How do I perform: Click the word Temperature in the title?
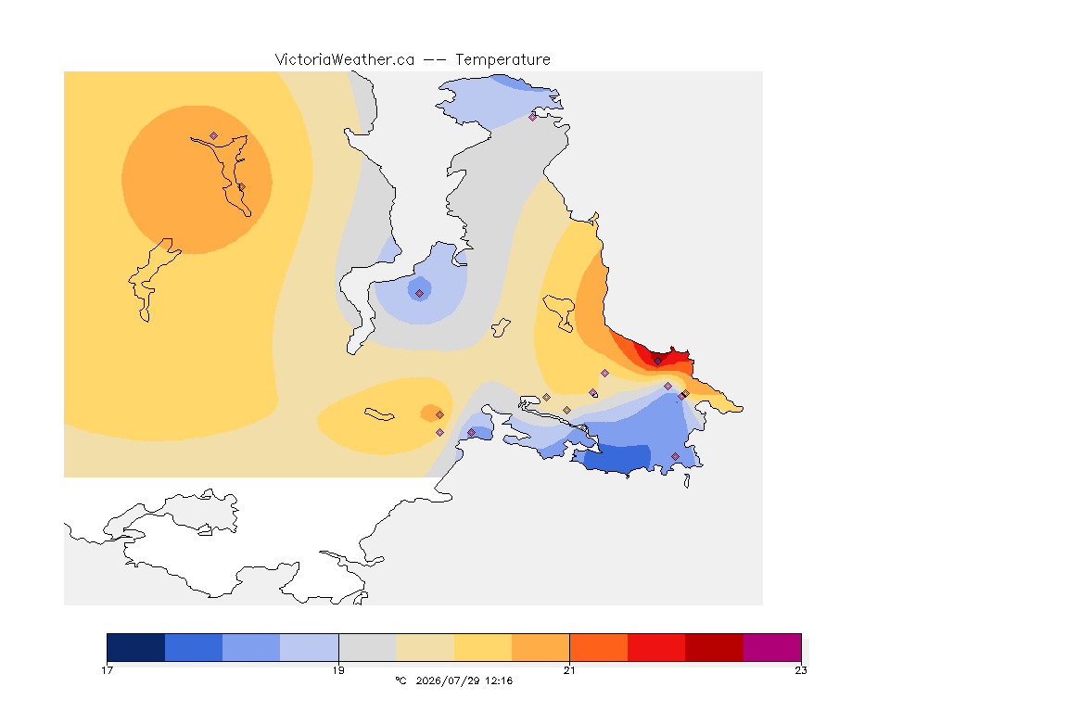tap(502, 60)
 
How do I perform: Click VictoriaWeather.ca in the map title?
tap(345, 60)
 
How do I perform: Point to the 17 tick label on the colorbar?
tap(107, 670)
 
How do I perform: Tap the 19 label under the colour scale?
tap(338, 670)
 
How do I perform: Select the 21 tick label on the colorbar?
tap(569, 670)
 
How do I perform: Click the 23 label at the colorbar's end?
tap(801, 670)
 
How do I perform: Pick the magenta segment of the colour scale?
tap(772, 647)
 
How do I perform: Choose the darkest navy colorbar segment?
tap(136, 647)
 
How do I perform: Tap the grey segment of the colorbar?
tap(368, 647)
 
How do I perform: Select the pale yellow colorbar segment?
tap(483, 647)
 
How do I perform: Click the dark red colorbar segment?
tap(715, 647)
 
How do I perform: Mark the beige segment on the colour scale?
tap(425, 647)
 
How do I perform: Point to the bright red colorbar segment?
tap(656, 647)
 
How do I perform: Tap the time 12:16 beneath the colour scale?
tap(499, 680)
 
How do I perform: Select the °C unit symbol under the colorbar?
tap(400, 680)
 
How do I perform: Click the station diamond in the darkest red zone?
tap(657, 361)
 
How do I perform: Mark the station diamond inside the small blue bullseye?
tap(420, 294)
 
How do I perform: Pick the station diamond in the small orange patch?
tap(440, 415)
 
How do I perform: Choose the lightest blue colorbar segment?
tap(310, 647)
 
